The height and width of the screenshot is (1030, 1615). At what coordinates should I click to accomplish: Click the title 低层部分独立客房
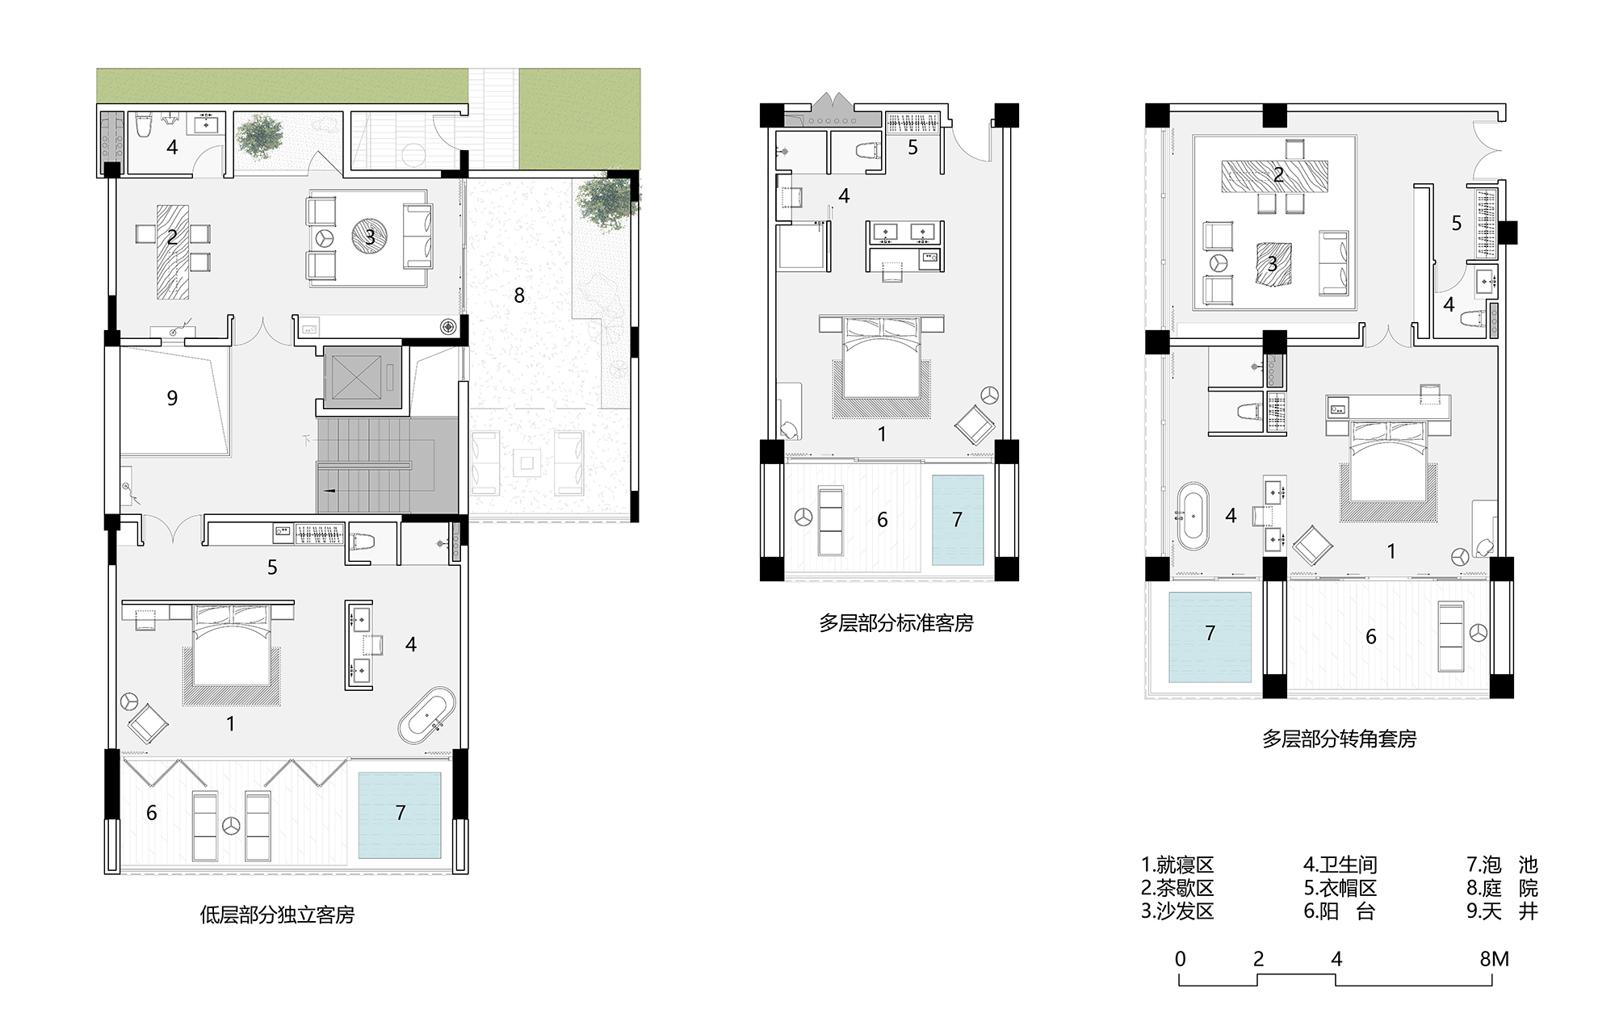pos(277,915)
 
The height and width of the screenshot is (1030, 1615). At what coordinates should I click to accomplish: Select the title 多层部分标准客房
pos(896,623)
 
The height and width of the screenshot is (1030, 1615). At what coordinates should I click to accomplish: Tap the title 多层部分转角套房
pos(1339,739)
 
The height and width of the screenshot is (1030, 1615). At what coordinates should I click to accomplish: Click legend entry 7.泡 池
pos(1502,865)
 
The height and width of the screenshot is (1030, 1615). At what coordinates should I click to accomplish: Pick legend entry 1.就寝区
pos(1177,865)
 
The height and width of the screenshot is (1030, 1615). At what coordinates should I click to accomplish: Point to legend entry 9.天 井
pos(1502,911)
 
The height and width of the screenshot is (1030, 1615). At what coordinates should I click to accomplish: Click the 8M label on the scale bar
pos(1494,959)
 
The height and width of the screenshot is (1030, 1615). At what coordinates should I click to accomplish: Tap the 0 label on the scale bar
pos(1180,959)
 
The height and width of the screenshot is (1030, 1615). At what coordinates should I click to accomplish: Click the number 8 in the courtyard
pos(519,295)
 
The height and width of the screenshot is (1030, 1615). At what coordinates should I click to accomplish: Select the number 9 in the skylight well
pos(172,398)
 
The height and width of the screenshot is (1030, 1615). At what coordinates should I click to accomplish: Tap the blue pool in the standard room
pos(958,520)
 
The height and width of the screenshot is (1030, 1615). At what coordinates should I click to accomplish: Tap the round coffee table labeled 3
pos(370,237)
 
